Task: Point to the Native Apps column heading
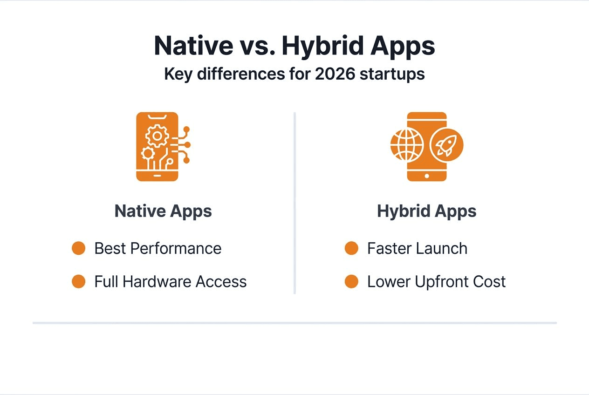(x=163, y=211)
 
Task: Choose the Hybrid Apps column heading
(x=426, y=211)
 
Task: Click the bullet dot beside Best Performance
(x=78, y=248)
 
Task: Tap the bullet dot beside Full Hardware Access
(x=78, y=281)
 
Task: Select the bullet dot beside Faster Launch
(x=351, y=248)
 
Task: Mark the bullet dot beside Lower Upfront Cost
(x=351, y=281)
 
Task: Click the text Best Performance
(x=158, y=248)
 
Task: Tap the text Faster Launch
(x=417, y=248)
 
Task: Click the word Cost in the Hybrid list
(x=489, y=281)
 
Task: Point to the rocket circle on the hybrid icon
(x=446, y=145)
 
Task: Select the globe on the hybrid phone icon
(x=407, y=145)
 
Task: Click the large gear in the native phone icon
(x=157, y=136)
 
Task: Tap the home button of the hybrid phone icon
(x=427, y=176)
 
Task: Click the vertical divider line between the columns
(x=294, y=203)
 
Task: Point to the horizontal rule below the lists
(x=294, y=322)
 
